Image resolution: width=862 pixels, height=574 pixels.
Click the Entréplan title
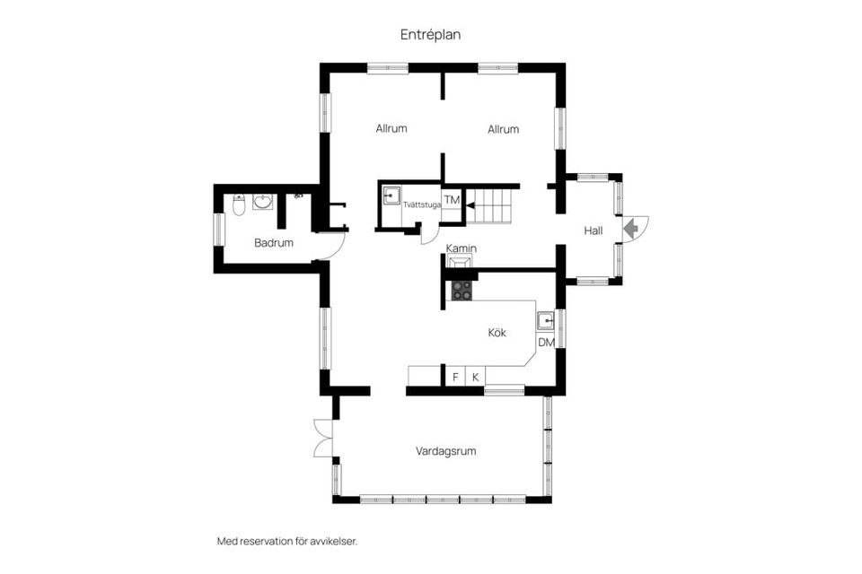pyautogui.click(x=430, y=35)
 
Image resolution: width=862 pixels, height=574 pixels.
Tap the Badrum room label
pyautogui.click(x=274, y=242)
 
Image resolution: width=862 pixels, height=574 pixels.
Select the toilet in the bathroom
pyautogui.click(x=239, y=204)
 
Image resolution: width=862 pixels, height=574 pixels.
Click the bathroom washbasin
pyautogui.click(x=263, y=202)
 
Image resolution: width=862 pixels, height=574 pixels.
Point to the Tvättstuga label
pyautogui.click(x=422, y=204)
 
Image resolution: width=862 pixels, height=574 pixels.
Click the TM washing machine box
pyautogui.click(x=452, y=200)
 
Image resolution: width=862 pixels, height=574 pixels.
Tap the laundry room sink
pyautogui.click(x=391, y=195)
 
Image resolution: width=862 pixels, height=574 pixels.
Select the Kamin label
pyautogui.click(x=462, y=248)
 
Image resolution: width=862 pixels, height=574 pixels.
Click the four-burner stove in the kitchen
pyautogui.click(x=462, y=290)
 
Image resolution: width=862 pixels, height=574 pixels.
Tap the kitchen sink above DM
pyautogui.click(x=546, y=321)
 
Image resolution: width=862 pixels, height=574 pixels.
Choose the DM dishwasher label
pyautogui.click(x=547, y=343)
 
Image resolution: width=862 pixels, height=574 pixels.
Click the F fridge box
pyautogui.click(x=455, y=377)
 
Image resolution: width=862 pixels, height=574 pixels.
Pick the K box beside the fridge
pyautogui.click(x=476, y=377)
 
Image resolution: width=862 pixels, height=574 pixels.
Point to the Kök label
pyautogui.click(x=497, y=333)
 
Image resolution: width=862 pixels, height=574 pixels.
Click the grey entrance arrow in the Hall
pyautogui.click(x=630, y=228)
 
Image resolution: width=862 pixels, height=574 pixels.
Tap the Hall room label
pyautogui.click(x=594, y=230)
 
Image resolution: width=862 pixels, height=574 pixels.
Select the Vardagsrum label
pyautogui.click(x=446, y=451)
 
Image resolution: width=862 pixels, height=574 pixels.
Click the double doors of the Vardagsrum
pyautogui.click(x=323, y=438)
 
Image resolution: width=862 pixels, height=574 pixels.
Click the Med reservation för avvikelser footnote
pyautogui.click(x=287, y=541)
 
